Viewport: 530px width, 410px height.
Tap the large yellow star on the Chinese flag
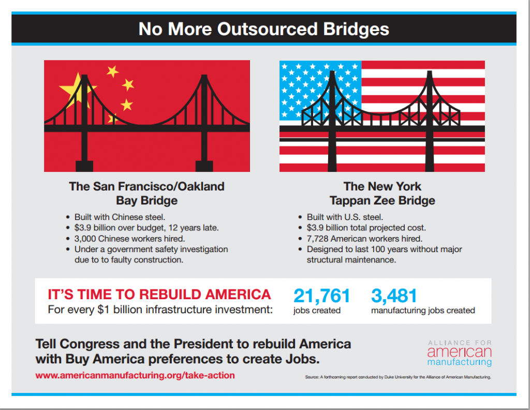coord(75,89)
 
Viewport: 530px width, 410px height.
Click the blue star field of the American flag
coord(320,90)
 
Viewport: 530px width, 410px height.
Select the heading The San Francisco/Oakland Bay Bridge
coord(146,193)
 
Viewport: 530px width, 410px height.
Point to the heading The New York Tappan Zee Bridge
coord(382,193)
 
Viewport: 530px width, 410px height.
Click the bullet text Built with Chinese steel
coord(120,217)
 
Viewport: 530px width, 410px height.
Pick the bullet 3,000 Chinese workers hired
coord(129,239)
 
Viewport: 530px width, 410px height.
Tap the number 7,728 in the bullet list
coord(317,239)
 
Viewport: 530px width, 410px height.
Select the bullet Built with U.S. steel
coord(345,217)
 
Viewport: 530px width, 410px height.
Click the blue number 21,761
coord(321,296)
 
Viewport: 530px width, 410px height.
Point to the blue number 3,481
coord(394,296)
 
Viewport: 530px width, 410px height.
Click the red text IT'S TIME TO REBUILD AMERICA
coord(159,295)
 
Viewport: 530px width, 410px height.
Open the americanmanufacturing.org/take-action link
coord(135,375)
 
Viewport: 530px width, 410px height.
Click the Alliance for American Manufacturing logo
coord(460,353)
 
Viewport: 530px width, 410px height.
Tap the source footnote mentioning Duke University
coord(398,377)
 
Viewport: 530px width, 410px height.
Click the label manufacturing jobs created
coord(423,310)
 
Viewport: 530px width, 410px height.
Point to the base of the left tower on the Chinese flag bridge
coord(84,166)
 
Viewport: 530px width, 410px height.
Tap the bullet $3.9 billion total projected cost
coord(366,228)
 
